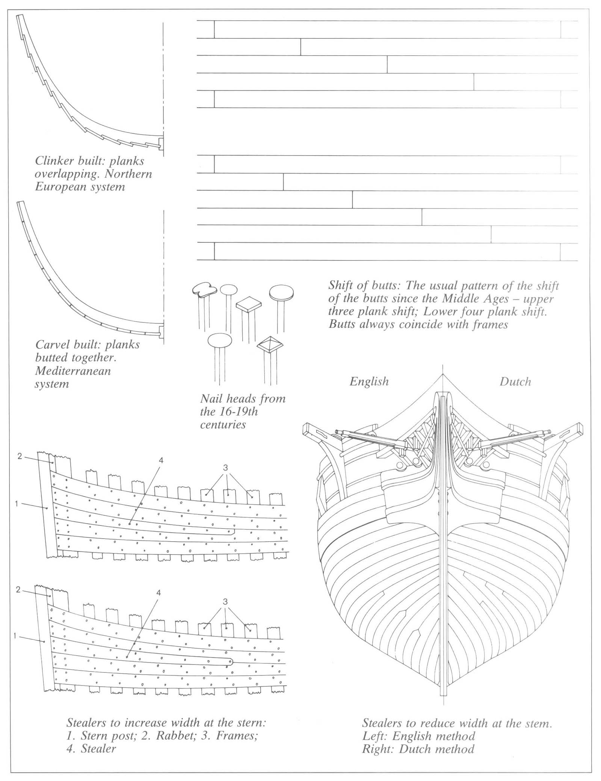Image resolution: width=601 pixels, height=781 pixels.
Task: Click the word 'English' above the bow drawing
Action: click(369, 382)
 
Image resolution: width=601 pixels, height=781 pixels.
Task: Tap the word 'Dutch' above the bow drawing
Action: click(515, 382)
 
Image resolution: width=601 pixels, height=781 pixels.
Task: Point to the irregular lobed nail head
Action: click(204, 289)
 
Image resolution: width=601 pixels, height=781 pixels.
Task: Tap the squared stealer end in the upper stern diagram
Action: click(233, 531)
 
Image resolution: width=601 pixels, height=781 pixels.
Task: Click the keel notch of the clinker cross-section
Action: click(161, 143)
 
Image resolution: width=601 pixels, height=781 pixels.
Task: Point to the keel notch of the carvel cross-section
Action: click(161, 331)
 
